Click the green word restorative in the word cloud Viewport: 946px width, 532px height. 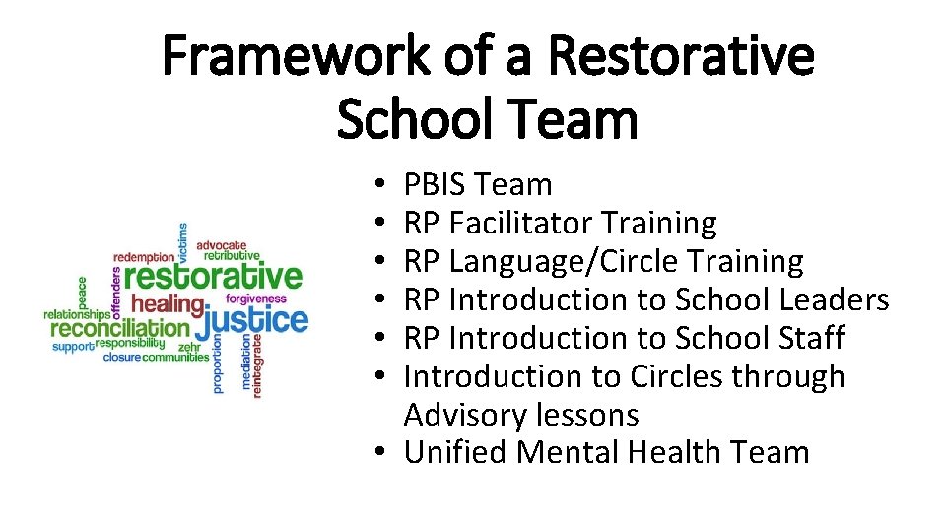(x=214, y=276)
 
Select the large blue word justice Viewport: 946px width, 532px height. (x=256, y=320)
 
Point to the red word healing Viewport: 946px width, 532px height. (x=167, y=303)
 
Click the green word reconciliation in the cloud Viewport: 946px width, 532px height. (x=120, y=328)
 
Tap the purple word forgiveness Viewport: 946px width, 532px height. (x=256, y=299)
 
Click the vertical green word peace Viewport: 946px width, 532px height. (x=83, y=293)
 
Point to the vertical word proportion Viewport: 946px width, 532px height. (x=218, y=364)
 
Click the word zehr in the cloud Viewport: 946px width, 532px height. (x=190, y=347)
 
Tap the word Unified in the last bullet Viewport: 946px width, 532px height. (x=456, y=453)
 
